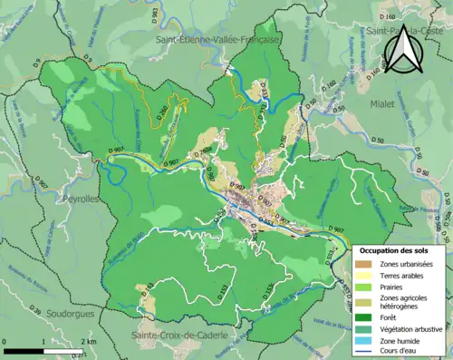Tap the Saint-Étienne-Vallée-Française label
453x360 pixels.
pyautogui.click(x=218, y=41)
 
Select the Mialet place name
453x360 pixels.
pyautogui.click(x=381, y=104)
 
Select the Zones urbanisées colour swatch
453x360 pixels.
pyautogui.click(x=364, y=264)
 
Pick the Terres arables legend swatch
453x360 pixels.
pyautogui.click(x=364, y=277)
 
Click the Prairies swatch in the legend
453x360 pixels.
pyautogui.click(x=364, y=290)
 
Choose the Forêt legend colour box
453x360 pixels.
pyautogui.click(x=364, y=317)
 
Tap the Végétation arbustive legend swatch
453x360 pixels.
pyautogui.click(x=364, y=330)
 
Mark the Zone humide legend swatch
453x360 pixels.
pyautogui.click(x=364, y=343)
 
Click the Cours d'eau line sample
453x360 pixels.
pyautogui.click(x=364, y=355)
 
